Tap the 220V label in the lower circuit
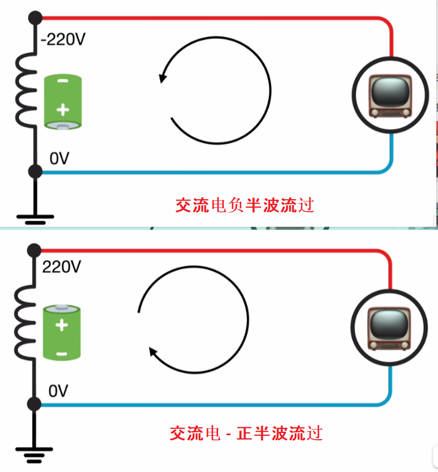click(62, 267)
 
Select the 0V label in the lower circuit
click(58, 391)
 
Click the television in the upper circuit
click(390, 96)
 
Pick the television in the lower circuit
click(389, 329)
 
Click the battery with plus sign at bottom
click(63, 102)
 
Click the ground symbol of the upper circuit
click(35, 216)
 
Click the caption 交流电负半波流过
click(244, 204)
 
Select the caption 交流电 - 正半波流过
click(246, 434)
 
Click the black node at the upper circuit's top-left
click(35, 17)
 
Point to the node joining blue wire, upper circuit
click(35, 170)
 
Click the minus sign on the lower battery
click(62, 354)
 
